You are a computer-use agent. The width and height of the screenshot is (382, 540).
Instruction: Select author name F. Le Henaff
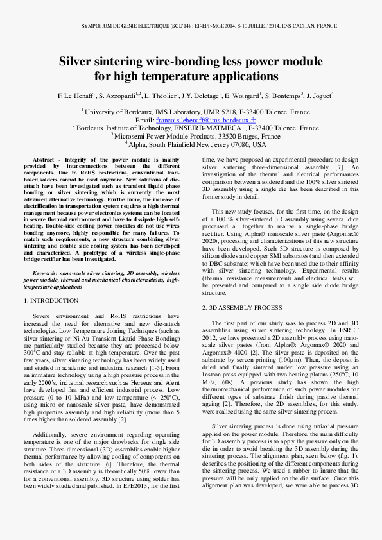(x=76, y=96)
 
